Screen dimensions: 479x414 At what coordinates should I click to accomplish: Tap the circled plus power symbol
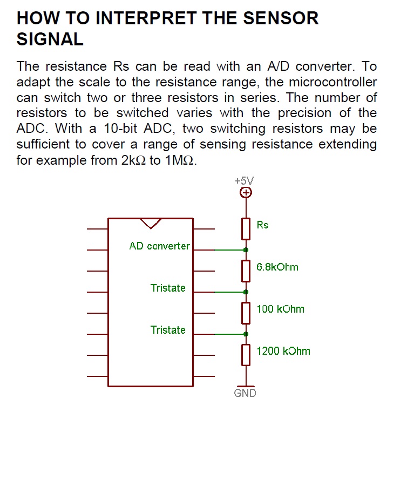coord(246,193)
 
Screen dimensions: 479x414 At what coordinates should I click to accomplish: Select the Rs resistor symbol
coord(246,228)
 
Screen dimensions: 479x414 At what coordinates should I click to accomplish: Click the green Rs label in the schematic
coord(262,225)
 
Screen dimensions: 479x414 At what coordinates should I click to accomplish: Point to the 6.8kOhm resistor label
coord(277,267)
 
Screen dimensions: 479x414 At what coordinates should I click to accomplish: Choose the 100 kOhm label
coord(280,309)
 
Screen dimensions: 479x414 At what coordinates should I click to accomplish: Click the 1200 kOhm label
coord(283,351)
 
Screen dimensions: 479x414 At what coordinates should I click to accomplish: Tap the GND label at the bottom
coord(245,393)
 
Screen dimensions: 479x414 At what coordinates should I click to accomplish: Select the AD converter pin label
coord(160,246)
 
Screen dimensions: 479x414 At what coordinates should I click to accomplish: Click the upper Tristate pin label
coord(168,288)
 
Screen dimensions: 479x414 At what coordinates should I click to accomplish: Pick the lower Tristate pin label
coord(168,330)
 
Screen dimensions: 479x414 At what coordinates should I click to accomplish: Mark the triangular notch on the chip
coord(150,222)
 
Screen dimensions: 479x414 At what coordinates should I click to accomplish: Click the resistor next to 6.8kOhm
coord(246,271)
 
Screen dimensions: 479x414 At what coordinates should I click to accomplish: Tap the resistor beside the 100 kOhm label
coord(246,313)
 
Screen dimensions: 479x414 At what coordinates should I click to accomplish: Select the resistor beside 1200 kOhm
coord(246,355)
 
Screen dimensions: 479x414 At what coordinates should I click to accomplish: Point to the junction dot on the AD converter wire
coord(246,250)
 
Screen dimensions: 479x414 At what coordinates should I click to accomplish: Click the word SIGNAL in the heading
coord(50,39)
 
